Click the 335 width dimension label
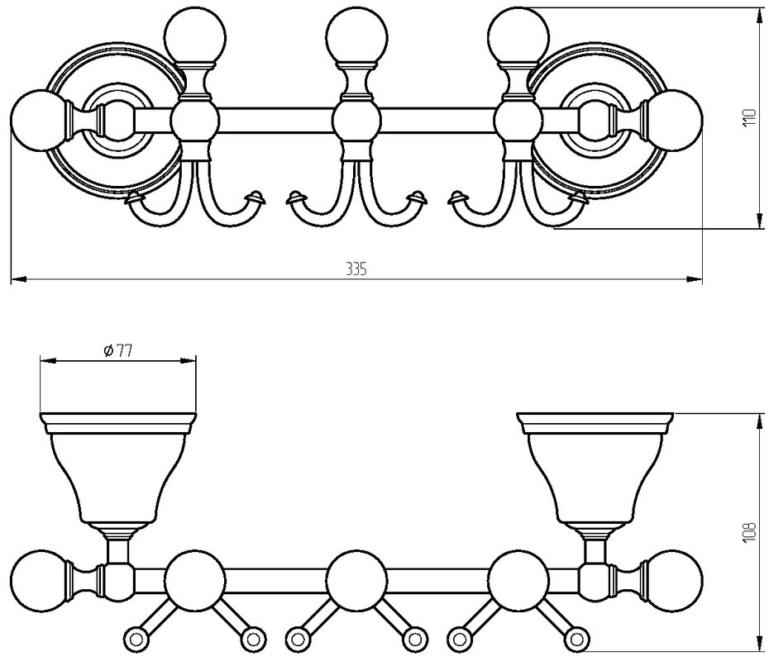click(x=356, y=269)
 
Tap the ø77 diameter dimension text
click(x=117, y=350)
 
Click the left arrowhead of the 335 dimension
click(x=18, y=279)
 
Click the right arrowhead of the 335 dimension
click(x=695, y=279)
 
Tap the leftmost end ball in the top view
click(x=39, y=120)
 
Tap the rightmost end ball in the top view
click(x=673, y=120)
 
